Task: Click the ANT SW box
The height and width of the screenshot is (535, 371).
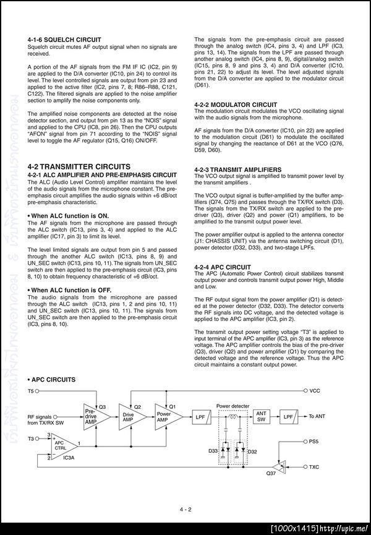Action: point(261,417)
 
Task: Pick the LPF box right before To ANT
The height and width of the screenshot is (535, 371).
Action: point(288,417)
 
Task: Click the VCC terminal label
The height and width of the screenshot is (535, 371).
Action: point(314,392)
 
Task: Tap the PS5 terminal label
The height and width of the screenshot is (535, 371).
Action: point(313,443)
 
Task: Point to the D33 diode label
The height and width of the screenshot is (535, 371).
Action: point(212,451)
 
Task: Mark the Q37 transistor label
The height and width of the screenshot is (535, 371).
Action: point(271,473)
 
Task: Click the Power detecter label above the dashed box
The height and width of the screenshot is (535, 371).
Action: point(232,406)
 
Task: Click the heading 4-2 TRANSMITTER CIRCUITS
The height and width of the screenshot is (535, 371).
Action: point(79,167)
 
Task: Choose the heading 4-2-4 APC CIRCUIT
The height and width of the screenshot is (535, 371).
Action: point(222,267)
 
